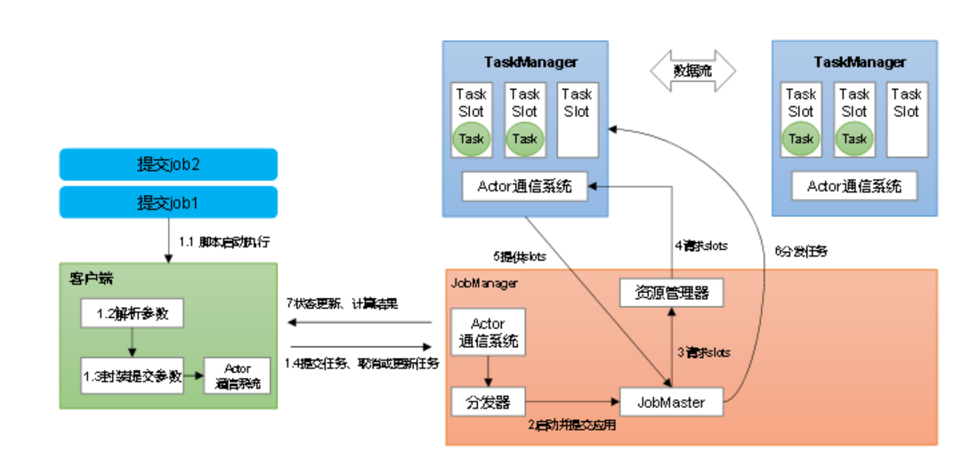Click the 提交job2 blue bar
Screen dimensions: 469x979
tap(168, 165)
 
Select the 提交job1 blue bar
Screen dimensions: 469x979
tap(168, 202)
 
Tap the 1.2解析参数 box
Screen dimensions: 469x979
tap(132, 313)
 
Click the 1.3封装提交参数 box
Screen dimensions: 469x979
tap(132, 376)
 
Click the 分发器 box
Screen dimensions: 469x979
tap(489, 402)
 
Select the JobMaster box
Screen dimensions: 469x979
tap(671, 402)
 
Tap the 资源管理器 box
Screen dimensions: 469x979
tap(671, 292)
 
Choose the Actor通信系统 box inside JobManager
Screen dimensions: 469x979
tap(488, 331)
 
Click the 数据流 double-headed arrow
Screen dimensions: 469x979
tap(692, 70)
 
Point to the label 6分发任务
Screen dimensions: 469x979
tap(801, 252)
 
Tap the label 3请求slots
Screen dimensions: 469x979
tap(703, 352)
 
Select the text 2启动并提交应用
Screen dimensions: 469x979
tap(570, 425)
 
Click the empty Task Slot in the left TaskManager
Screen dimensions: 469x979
tap(576, 120)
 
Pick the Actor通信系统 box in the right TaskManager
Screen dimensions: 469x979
tap(854, 186)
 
